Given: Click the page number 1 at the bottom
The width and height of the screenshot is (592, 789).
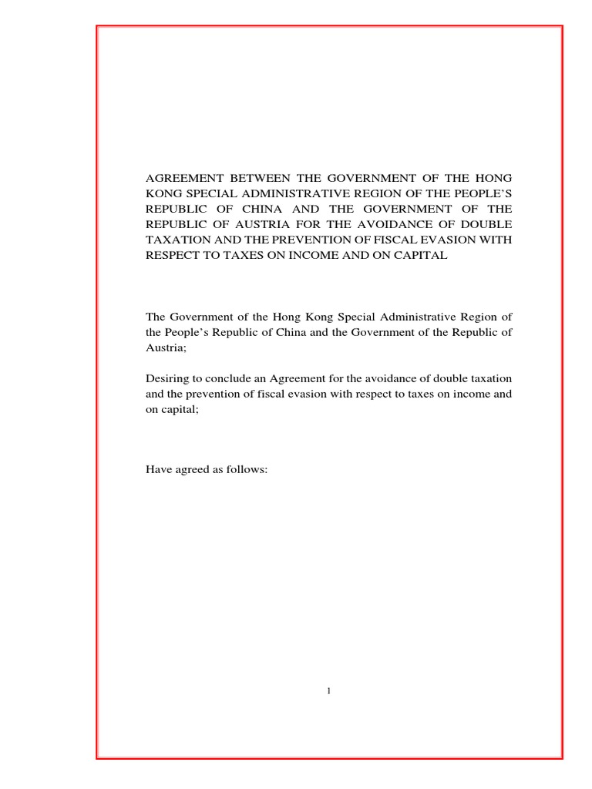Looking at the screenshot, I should (x=329, y=691).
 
